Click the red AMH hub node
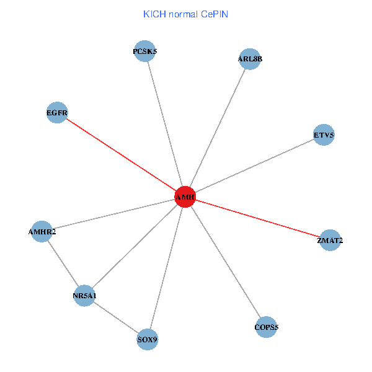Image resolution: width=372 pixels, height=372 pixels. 185,197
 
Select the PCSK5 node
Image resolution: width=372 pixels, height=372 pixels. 146,52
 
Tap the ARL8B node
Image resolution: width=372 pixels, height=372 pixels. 250,60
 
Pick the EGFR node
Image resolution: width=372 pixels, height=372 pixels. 57,113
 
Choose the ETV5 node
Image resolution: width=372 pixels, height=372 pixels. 324,135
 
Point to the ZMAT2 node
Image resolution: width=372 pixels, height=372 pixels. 330,241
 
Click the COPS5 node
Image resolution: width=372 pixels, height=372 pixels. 267,327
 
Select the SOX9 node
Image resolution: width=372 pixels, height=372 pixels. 147,340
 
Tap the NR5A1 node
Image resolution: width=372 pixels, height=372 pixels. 84,296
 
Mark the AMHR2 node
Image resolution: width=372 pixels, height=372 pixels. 42,232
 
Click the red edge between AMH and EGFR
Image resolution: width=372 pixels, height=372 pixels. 121,154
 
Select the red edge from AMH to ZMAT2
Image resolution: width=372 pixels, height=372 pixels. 257,218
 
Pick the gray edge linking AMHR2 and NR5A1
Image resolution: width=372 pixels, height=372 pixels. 63,263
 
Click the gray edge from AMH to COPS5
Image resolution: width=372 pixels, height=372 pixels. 226,262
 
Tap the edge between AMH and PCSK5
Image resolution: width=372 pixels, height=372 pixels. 166,124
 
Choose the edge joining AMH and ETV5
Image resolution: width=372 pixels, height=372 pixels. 254,166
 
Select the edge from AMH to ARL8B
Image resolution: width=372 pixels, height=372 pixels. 218,128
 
